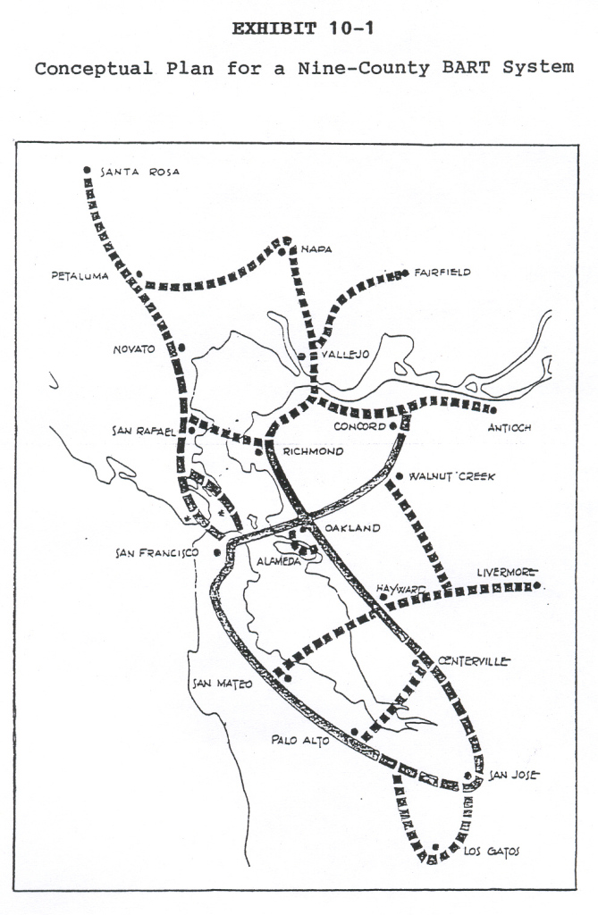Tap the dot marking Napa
click(282, 252)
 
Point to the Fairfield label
click(442, 272)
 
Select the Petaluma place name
click(80, 276)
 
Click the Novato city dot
click(181, 348)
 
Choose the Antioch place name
click(510, 427)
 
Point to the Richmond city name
click(313, 451)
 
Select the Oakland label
click(352, 528)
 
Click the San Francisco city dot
click(217, 552)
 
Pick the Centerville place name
click(473, 661)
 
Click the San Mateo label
click(223, 684)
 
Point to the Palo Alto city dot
click(355, 732)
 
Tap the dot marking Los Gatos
click(435, 847)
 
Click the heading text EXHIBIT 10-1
click(303, 29)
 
